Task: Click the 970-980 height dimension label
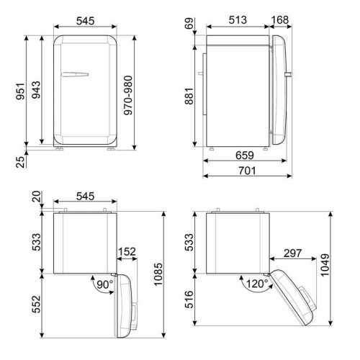coord(128,95)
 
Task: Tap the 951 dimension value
coord(20,91)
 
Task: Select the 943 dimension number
coord(36,90)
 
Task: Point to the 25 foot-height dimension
coord(20,162)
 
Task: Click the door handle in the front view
coord(75,74)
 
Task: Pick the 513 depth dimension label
coord(238,20)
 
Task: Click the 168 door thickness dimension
coord(280,20)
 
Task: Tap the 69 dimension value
coord(189,24)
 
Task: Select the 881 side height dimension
coord(189,96)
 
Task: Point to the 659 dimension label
coord(245,156)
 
